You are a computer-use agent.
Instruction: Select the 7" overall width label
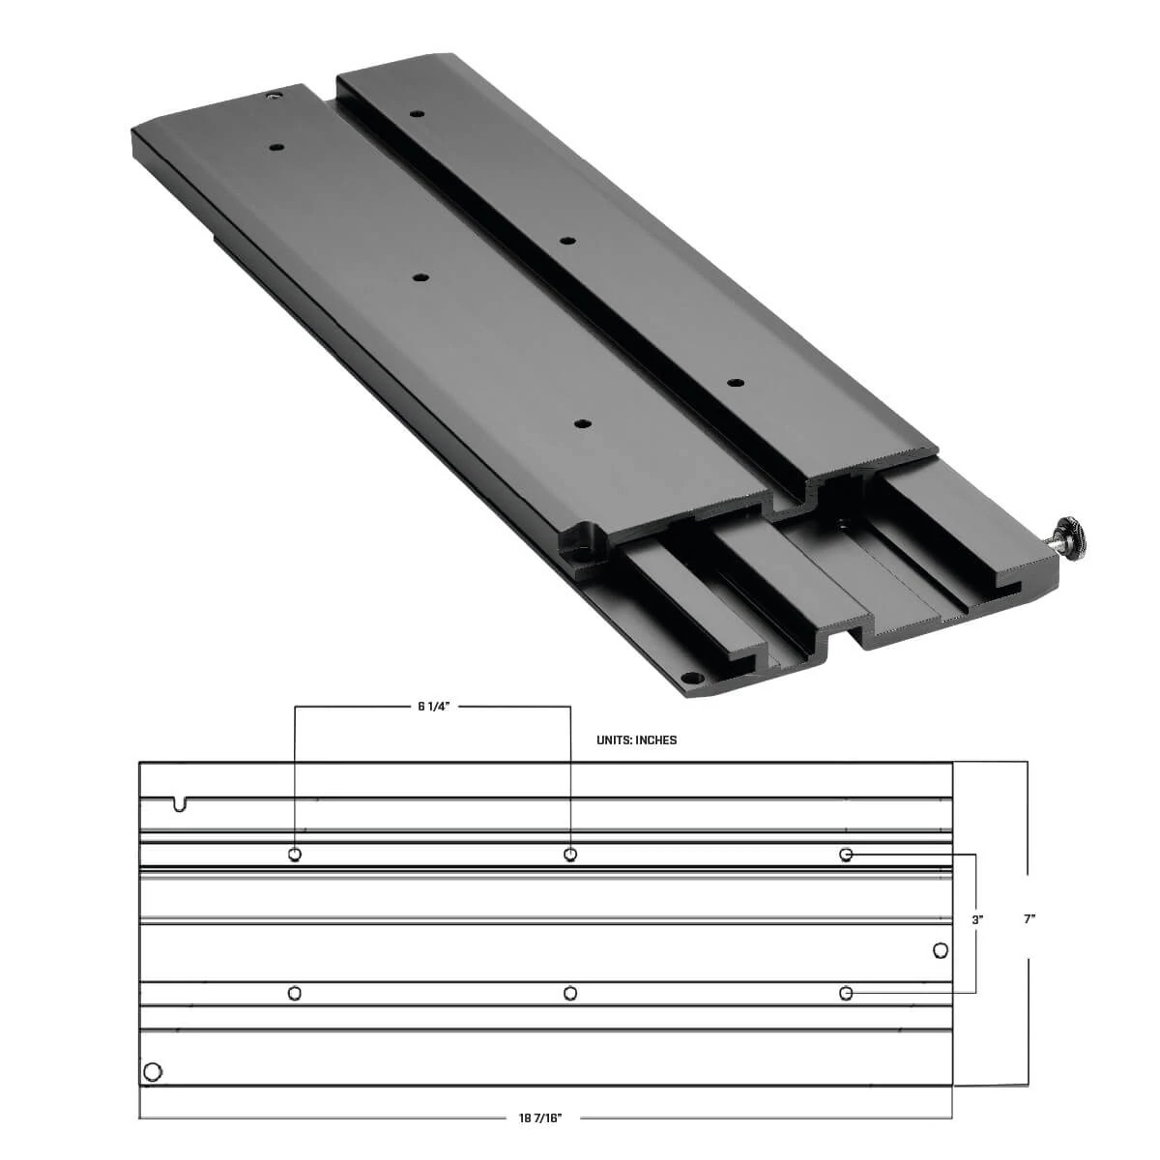coord(1029,919)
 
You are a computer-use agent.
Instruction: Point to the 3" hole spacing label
coord(977,920)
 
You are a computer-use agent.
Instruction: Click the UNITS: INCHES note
coord(637,740)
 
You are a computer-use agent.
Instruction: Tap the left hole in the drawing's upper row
coord(295,855)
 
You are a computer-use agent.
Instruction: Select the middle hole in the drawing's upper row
coord(570,855)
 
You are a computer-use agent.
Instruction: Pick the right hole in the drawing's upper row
coord(846,855)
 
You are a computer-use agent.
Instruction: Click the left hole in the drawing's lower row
coord(295,993)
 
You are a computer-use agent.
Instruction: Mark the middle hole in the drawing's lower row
coord(570,993)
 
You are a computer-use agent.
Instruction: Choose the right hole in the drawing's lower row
coord(846,993)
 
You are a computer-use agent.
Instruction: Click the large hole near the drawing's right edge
coord(940,951)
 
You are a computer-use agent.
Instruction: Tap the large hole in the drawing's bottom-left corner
coord(151,1071)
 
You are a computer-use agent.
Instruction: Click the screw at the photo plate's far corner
coord(274,97)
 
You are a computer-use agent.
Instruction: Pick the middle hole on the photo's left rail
coord(419,277)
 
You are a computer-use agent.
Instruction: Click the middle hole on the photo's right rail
coord(568,239)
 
